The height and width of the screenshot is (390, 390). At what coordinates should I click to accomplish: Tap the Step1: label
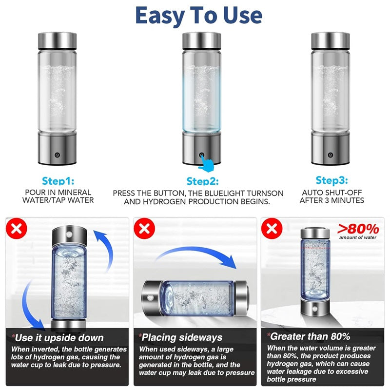coord(58,181)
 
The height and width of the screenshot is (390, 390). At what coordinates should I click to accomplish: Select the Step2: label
coord(203,181)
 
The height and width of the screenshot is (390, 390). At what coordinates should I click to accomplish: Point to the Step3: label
coord(331,181)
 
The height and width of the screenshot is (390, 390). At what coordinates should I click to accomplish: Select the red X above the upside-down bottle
coord(16,228)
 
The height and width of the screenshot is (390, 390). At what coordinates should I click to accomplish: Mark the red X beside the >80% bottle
coord(272,228)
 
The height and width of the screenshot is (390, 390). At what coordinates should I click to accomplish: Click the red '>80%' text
coord(358,228)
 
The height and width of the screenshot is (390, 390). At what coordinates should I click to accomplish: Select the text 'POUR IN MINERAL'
coord(58,193)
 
